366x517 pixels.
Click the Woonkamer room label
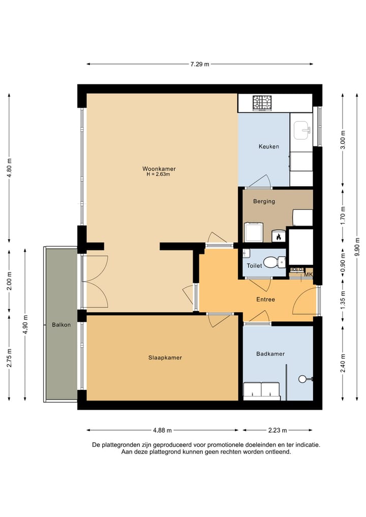click(x=159, y=169)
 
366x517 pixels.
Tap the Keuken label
click(x=268, y=146)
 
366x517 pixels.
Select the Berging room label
click(x=264, y=201)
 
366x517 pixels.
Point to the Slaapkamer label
click(x=165, y=358)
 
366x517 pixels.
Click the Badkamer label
click(x=270, y=354)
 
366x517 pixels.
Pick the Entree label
click(x=265, y=299)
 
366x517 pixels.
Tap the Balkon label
click(x=61, y=324)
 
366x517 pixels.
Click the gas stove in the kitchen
click(x=263, y=103)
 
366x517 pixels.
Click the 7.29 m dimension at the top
click(x=200, y=64)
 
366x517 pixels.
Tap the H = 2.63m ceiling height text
click(x=158, y=174)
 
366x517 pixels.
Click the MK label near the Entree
click(x=308, y=275)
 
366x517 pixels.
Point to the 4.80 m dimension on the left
click(x=9, y=168)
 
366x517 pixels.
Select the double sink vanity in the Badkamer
click(x=261, y=389)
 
